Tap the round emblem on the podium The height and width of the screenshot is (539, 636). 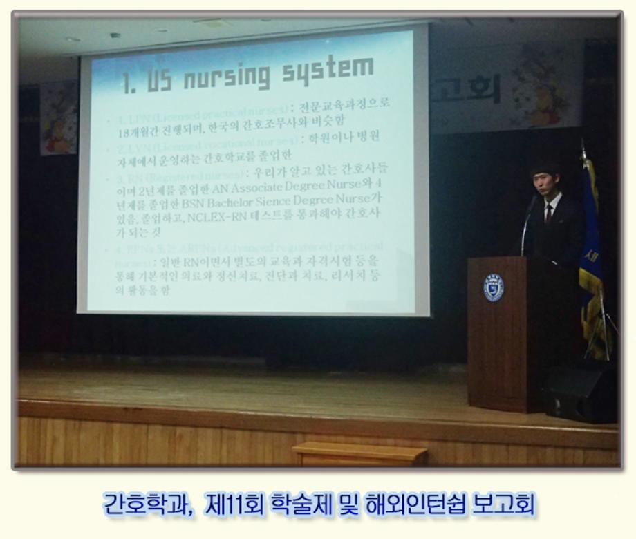click(x=493, y=287)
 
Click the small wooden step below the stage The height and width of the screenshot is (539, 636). click(x=359, y=455)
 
